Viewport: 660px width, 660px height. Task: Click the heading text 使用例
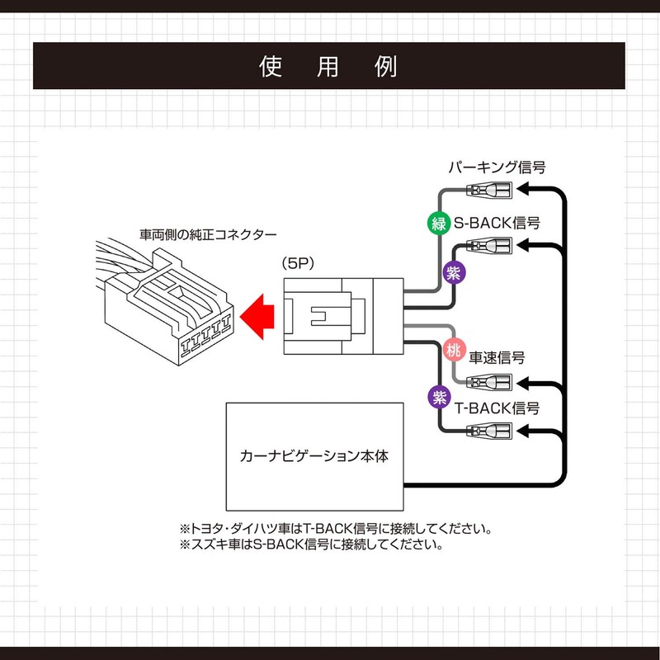coord(328,66)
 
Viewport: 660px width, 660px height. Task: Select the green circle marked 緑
coord(436,223)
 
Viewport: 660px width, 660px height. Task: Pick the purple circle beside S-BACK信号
coord(453,274)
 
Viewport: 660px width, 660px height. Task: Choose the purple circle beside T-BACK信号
coord(436,398)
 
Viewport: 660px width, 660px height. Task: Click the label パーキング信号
coord(497,168)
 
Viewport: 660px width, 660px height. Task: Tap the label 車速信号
coord(497,358)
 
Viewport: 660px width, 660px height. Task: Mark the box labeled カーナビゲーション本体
coord(314,455)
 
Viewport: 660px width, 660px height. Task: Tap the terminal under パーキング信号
coord(489,191)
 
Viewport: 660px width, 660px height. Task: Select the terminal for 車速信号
coord(489,382)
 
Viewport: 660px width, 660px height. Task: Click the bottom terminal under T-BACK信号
coord(489,431)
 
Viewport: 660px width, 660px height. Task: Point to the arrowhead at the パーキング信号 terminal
coord(523,191)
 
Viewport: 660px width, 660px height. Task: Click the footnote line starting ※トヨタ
coord(336,527)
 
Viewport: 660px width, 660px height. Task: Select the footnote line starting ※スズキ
coord(311,544)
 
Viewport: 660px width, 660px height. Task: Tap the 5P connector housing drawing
coord(342,316)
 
